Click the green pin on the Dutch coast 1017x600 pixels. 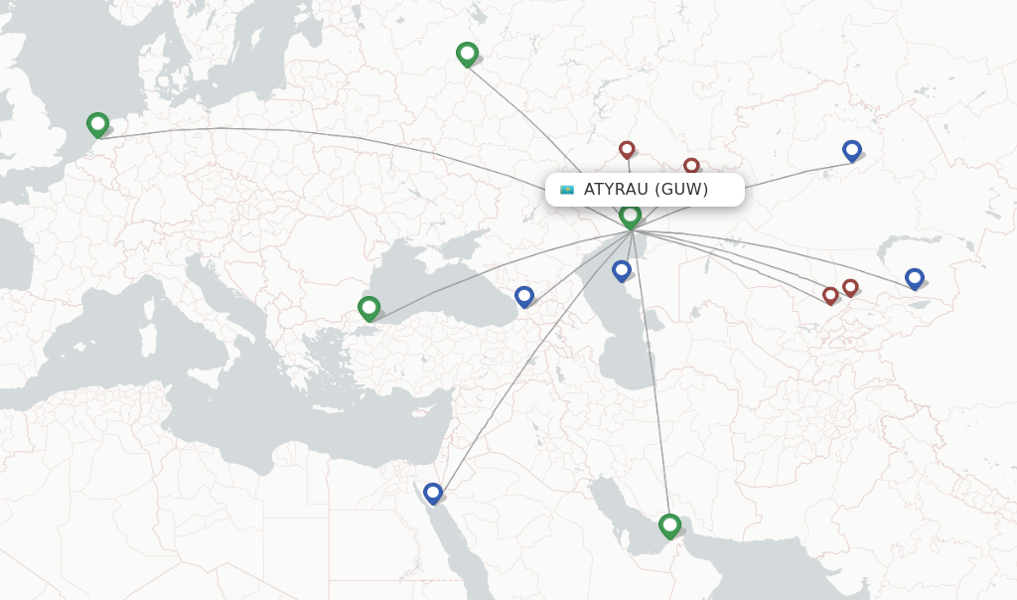click(x=97, y=124)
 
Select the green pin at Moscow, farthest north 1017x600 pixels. click(x=467, y=54)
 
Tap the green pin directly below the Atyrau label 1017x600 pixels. click(x=630, y=216)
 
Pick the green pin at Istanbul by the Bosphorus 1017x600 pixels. click(x=368, y=308)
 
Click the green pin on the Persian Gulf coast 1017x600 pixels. click(x=669, y=525)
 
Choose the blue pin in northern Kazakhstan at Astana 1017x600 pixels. click(x=851, y=150)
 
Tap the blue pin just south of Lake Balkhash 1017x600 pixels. click(x=914, y=278)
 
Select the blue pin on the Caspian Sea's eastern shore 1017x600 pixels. click(x=621, y=270)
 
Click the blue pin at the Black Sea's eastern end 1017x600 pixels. click(x=523, y=296)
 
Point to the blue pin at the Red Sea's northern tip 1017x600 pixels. click(x=432, y=493)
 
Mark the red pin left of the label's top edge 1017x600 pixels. click(x=627, y=149)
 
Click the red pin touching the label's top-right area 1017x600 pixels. click(x=691, y=166)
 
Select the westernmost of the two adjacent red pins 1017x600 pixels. click(x=830, y=295)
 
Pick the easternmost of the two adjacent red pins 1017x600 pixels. click(x=850, y=287)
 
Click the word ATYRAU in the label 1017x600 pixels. click(x=616, y=190)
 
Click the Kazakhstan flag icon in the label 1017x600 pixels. click(x=567, y=190)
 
